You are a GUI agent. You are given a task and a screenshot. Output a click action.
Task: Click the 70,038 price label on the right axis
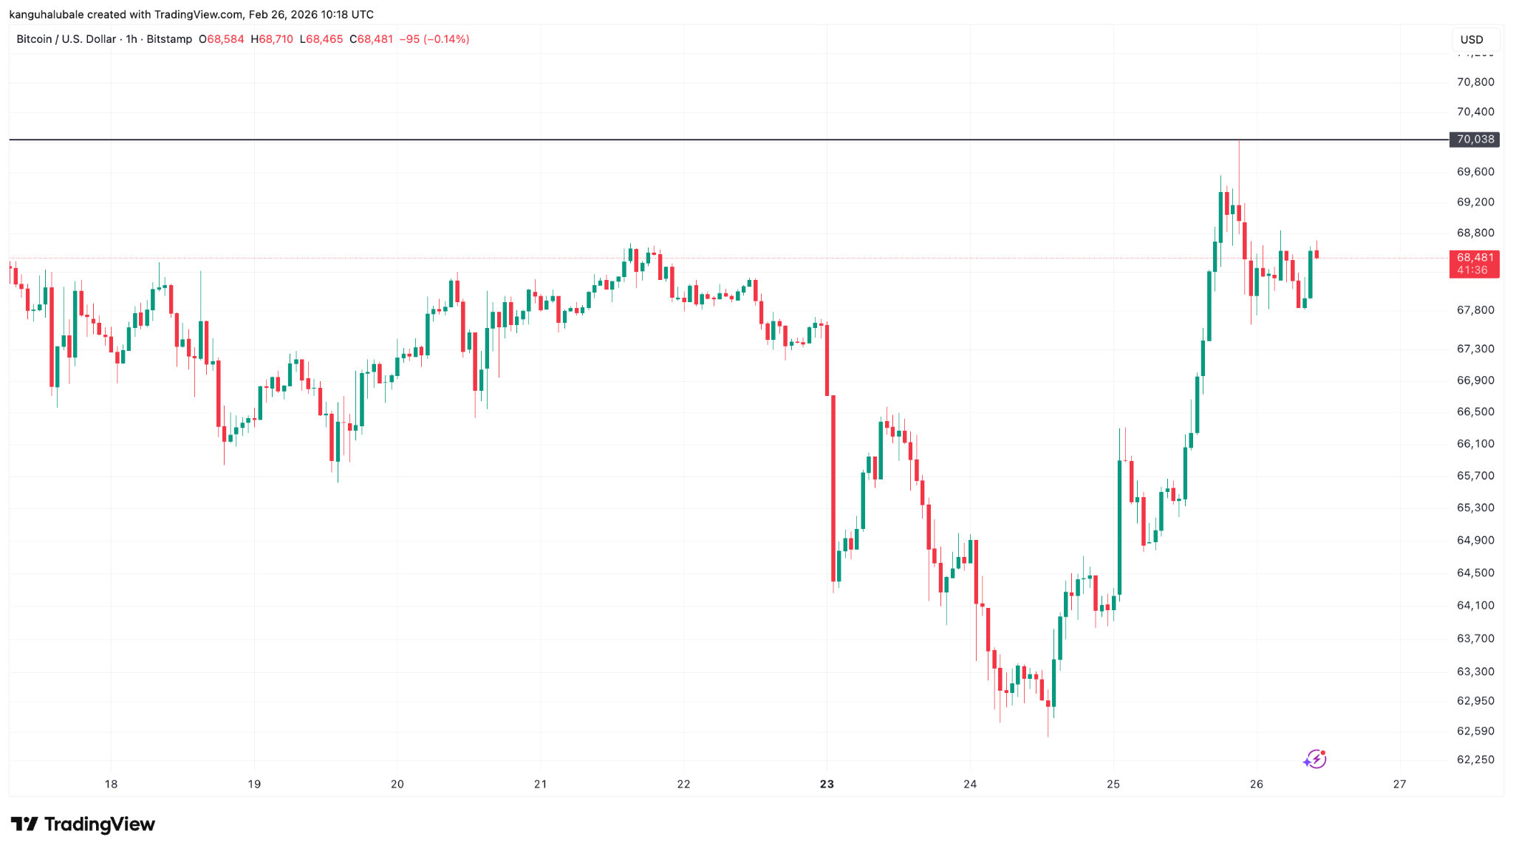(x=1475, y=139)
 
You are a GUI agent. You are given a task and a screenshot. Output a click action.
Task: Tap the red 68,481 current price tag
(x=1475, y=258)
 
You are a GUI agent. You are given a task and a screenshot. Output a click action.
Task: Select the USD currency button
(x=1472, y=40)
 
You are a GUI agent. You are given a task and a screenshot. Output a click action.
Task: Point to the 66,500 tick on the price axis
(x=1475, y=411)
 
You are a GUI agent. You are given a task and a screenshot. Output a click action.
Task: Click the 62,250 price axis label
(x=1475, y=759)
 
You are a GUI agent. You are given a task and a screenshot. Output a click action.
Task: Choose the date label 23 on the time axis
(x=827, y=784)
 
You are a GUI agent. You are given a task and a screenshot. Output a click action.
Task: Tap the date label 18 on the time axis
(x=111, y=784)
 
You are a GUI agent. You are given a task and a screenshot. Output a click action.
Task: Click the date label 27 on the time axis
(x=1399, y=784)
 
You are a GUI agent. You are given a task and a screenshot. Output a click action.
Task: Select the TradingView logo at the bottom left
(x=83, y=824)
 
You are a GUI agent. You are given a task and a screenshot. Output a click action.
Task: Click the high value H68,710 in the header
(x=271, y=39)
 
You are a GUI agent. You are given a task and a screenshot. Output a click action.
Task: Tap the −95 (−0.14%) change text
(x=434, y=39)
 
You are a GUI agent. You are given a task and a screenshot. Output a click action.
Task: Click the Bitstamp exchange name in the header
(x=169, y=39)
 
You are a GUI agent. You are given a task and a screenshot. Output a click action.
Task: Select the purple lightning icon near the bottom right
(x=1315, y=759)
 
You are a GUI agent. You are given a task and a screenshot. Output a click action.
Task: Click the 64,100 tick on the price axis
(x=1475, y=605)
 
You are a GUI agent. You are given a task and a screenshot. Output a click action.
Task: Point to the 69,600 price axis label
(x=1475, y=171)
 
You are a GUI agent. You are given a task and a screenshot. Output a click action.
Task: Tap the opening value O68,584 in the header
(x=221, y=39)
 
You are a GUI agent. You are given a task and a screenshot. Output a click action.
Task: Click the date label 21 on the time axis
(x=540, y=784)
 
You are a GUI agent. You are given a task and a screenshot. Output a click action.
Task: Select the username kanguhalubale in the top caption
(x=46, y=15)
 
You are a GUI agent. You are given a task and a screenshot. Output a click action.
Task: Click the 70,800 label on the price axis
(x=1475, y=82)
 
